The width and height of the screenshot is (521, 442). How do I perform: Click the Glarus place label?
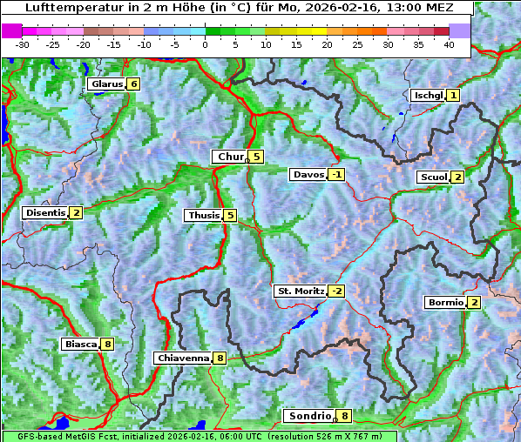(105, 84)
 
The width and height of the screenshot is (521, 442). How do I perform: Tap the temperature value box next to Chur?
(257, 157)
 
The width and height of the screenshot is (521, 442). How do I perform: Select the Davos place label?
(308, 174)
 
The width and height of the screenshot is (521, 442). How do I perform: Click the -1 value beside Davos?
(336, 174)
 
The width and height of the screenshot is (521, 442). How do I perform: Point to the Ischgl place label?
(428, 95)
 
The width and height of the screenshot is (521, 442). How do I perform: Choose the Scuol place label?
(433, 177)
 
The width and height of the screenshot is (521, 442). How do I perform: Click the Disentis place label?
(45, 212)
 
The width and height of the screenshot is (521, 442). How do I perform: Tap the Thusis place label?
(203, 215)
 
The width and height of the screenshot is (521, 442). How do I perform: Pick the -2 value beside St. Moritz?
(336, 291)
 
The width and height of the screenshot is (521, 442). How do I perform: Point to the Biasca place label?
(80, 344)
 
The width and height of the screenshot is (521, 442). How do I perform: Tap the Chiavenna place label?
(183, 358)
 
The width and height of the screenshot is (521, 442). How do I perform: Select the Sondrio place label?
(309, 416)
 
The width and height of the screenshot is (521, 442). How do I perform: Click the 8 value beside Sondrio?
(345, 416)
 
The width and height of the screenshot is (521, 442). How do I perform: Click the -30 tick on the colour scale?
(23, 44)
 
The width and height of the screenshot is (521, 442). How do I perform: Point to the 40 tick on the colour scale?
(449, 44)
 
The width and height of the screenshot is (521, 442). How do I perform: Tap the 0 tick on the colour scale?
(205, 44)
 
